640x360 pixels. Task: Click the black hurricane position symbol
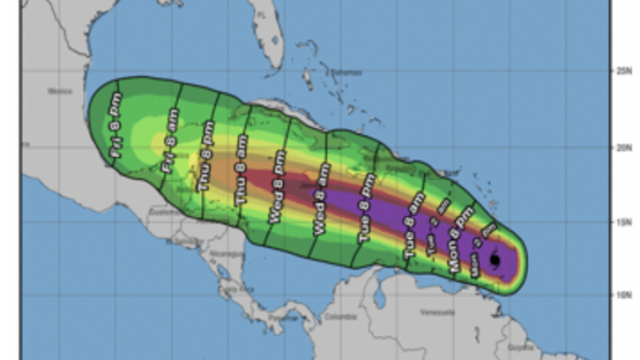coord(495,260)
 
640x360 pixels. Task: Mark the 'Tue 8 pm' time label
coord(367,208)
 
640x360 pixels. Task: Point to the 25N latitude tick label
coord(623,72)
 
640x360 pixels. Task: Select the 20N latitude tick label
coord(623,147)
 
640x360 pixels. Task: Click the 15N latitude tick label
coord(623,222)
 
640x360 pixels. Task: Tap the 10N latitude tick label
coord(623,295)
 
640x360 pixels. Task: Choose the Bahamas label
coord(345,71)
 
